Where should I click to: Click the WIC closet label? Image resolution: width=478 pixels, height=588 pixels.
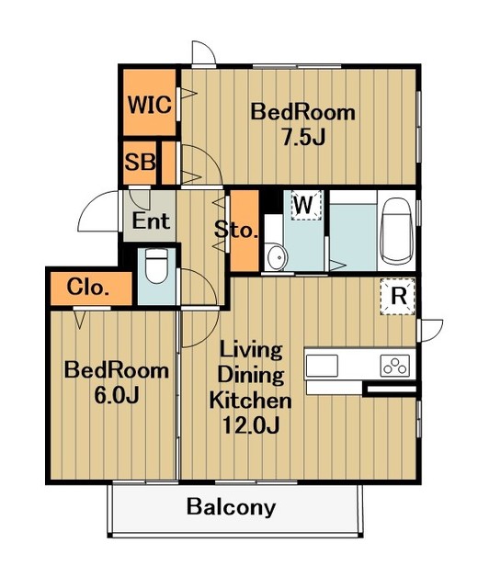click(150, 105)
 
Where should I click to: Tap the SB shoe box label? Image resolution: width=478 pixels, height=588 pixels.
click(140, 163)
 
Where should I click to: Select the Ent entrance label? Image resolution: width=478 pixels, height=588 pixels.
click(151, 220)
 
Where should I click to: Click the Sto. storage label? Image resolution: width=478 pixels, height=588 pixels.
click(236, 230)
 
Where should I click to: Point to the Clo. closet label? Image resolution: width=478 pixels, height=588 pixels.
click(88, 288)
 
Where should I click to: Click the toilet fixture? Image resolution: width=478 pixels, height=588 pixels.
click(156, 266)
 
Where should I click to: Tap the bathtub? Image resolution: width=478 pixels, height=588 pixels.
click(396, 231)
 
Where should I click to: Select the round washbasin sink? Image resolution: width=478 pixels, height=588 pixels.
click(276, 256)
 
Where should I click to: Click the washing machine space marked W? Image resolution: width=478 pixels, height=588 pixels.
click(306, 205)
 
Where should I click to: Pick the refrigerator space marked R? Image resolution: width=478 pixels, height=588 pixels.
click(398, 296)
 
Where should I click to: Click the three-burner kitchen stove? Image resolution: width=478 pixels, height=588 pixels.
click(395, 365)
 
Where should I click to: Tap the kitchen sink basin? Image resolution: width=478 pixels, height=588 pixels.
click(322, 366)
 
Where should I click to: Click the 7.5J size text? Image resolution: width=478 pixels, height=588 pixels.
click(303, 138)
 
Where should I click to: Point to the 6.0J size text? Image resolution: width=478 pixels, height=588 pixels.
click(117, 395)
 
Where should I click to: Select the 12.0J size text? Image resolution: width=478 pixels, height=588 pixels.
click(251, 425)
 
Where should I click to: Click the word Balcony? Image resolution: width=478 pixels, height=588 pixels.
click(231, 508)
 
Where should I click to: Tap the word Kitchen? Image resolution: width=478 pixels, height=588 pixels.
click(250, 400)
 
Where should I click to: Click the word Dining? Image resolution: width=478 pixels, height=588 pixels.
click(251, 375)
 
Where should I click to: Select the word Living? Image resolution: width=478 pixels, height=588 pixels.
click(251, 350)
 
